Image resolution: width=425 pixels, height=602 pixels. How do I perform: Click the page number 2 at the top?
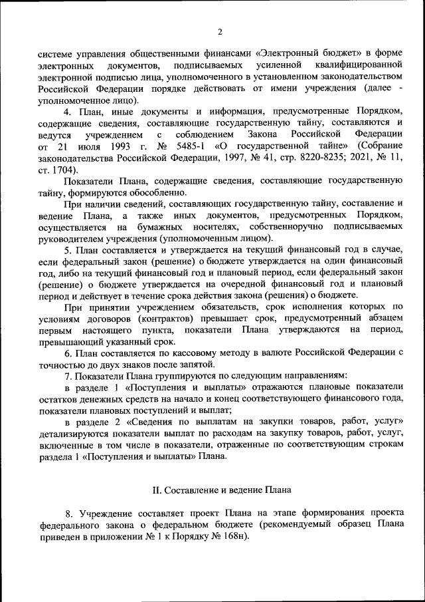click(x=219, y=31)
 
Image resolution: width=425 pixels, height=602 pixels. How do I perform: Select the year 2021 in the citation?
click(x=353, y=156)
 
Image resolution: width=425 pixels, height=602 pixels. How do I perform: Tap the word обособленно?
click(x=147, y=192)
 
